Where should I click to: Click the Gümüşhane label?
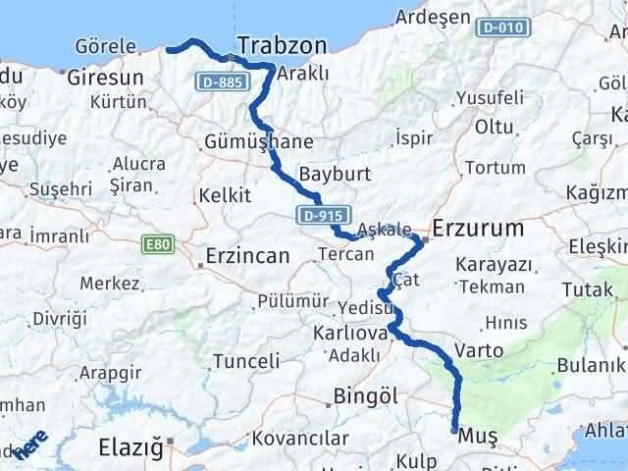coord(259,142)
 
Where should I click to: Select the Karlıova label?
coord(348,333)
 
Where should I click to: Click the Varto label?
coord(481,350)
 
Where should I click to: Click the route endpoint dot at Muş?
coord(454,430)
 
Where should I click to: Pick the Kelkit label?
coord(221,195)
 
